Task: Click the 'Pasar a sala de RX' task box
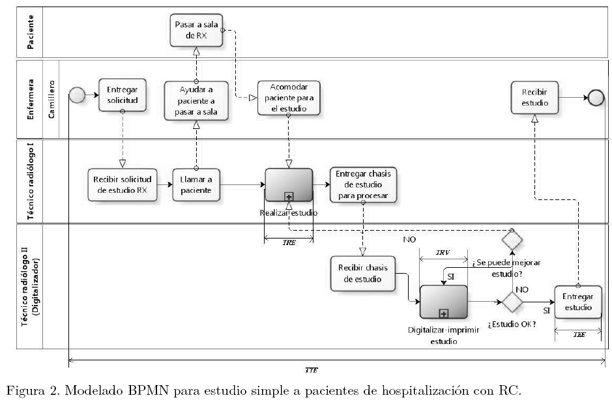click(196, 30)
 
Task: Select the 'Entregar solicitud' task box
click(123, 96)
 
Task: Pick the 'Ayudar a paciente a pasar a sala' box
click(196, 100)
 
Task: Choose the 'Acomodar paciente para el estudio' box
click(288, 98)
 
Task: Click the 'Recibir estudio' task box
click(534, 97)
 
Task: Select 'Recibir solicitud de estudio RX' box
click(119, 184)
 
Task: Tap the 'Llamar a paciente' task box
click(196, 184)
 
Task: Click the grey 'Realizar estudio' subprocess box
click(289, 184)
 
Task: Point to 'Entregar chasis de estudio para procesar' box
click(363, 184)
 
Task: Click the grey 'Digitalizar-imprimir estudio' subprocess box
click(444, 301)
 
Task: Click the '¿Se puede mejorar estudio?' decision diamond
click(512, 240)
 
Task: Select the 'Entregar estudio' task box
click(577, 302)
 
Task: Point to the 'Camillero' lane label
click(53, 98)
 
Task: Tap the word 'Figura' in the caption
click(23, 392)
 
